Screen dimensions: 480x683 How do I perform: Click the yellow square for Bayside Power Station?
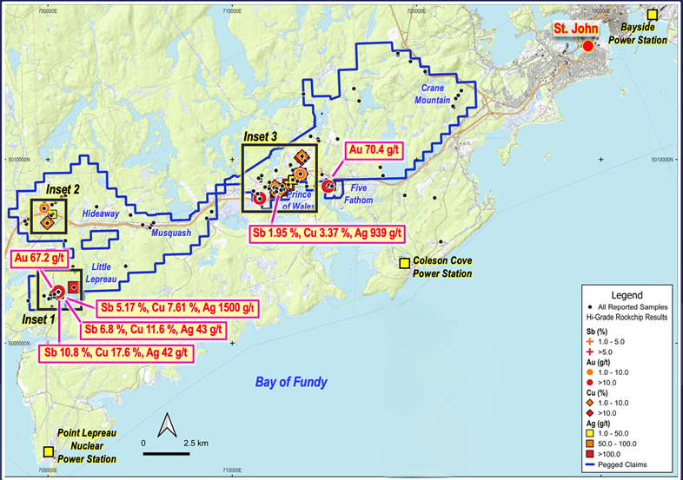coord(653,14)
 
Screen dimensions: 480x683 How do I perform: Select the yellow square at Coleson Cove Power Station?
coord(404,263)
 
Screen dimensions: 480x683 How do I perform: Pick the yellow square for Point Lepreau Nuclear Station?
coord(47,451)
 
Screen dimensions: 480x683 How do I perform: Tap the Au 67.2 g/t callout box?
coord(39,260)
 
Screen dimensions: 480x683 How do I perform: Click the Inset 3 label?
coord(261,136)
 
